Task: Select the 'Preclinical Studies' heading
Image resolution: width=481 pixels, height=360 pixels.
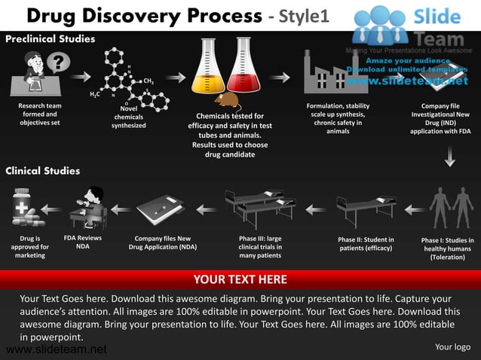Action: click(51, 38)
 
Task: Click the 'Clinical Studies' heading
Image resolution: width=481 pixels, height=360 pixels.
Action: click(43, 171)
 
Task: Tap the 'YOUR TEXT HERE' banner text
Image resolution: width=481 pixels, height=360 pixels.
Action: click(240, 279)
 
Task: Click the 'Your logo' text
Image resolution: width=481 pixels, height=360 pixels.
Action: click(452, 347)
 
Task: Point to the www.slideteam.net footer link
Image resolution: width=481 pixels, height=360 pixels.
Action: click(55, 349)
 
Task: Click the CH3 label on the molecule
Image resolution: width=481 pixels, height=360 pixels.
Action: click(149, 81)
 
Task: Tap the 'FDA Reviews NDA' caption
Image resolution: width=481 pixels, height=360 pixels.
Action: click(83, 243)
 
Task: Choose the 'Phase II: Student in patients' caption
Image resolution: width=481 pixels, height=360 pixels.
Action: click(366, 244)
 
